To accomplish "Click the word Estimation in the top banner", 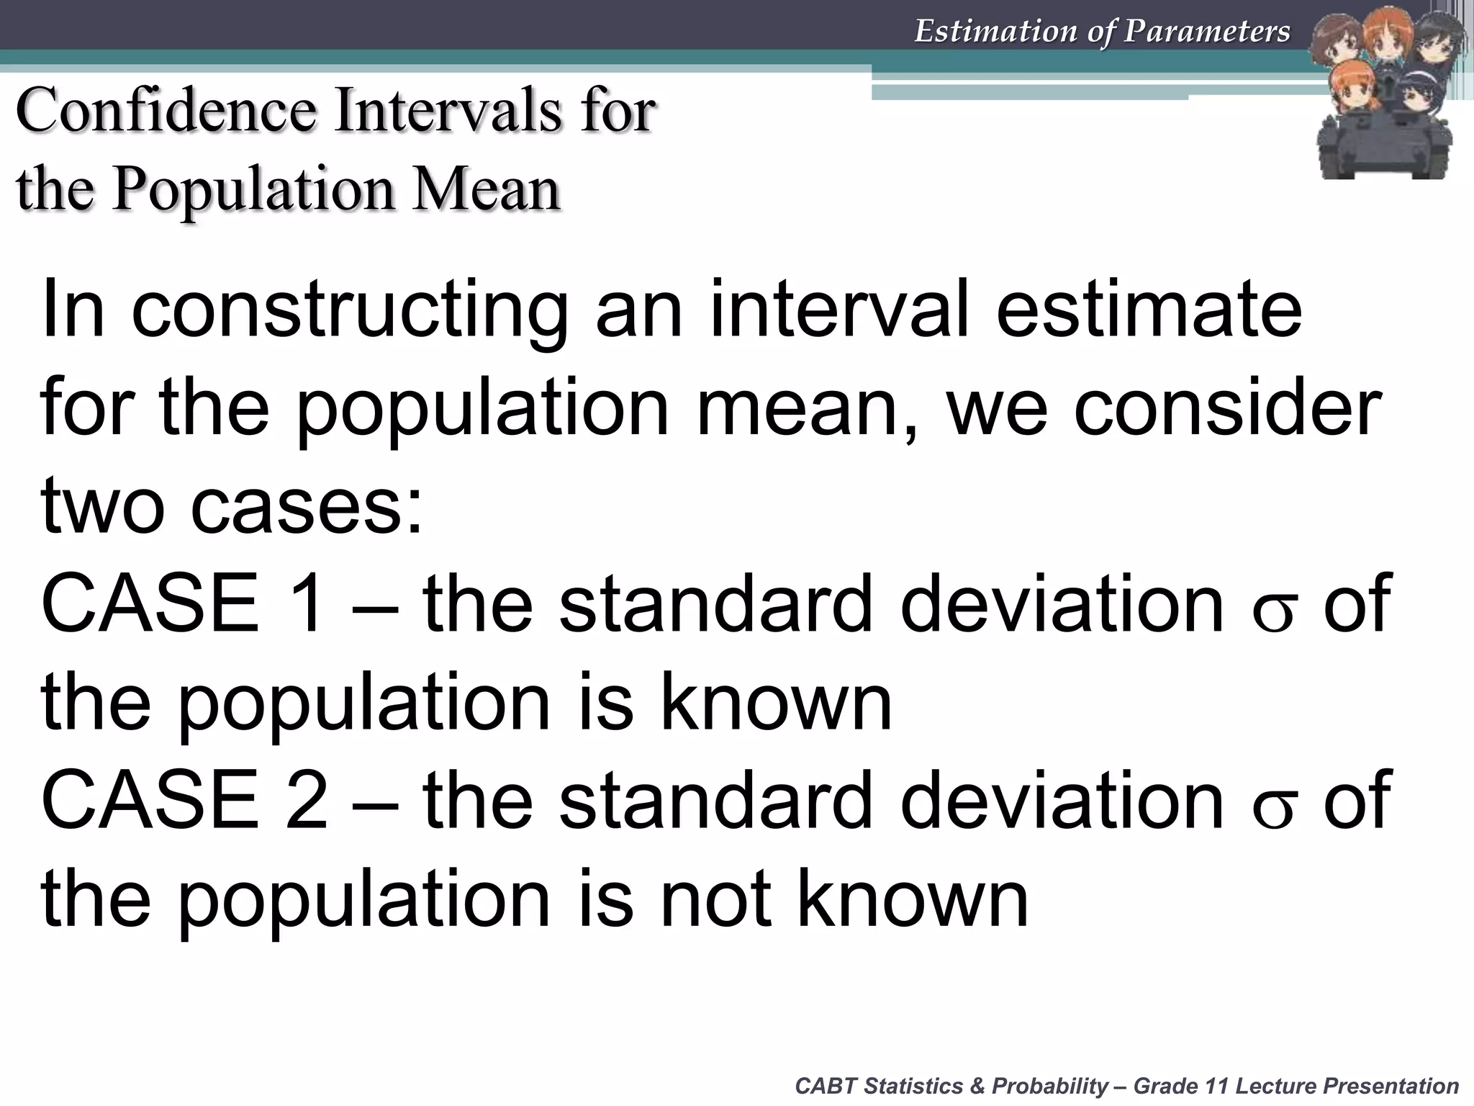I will pos(996,31).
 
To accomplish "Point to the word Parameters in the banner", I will pos(1208,31).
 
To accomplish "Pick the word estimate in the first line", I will pos(1149,310).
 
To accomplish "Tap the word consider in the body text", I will pos(1227,408).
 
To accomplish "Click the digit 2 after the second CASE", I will pos(306,800).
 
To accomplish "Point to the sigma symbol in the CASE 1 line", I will pos(1273,611).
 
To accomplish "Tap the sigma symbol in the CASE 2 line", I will pos(1273,808).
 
